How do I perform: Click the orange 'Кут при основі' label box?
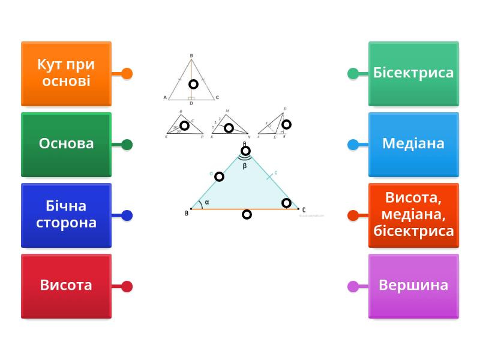point(66,73)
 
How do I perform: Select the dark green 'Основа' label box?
point(66,144)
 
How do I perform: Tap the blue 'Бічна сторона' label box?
point(66,215)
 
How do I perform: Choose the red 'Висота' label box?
point(66,286)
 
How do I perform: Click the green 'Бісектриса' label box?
point(413,73)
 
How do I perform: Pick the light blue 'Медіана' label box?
point(413,144)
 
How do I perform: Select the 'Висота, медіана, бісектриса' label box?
point(413,215)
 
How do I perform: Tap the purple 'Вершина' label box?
point(413,286)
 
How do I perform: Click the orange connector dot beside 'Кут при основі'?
point(127,74)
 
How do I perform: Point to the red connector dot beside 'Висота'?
point(127,286)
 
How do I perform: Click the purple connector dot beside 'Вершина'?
point(353,286)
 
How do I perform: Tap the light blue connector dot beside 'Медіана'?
point(353,145)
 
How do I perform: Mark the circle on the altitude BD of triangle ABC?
point(193,84)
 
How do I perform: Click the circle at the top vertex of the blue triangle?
point(245,151)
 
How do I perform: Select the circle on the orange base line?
point(247,214)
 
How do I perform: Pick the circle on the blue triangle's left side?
point(219,176)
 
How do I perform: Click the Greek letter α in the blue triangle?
point(207,202)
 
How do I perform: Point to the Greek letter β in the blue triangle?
point(245,166)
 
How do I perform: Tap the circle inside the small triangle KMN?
point(229,128)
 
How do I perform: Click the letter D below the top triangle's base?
point(191,103)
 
